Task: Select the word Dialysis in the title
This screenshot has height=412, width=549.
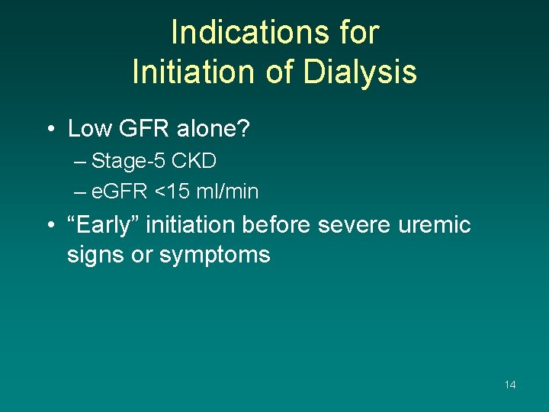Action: [359, 72]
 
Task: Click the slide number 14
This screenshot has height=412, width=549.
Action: [510, 385]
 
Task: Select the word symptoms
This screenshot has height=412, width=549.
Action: [214, 254]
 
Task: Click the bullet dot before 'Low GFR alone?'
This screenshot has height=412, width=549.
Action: [50, 130]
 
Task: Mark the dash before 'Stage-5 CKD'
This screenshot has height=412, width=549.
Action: [81, 162]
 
